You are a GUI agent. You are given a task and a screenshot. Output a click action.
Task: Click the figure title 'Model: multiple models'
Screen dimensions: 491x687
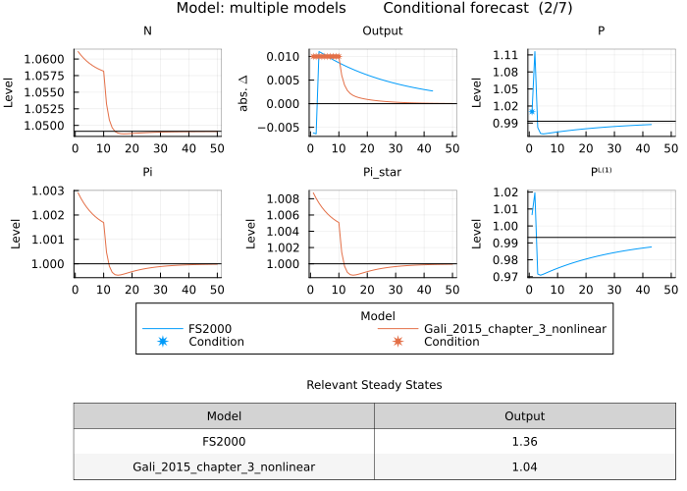click(x=261, y=8)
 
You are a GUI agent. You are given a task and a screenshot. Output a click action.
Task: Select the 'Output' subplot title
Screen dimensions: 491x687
click(x=383, y=31)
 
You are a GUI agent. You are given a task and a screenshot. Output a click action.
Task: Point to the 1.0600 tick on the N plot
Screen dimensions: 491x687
click(x=51, y=59)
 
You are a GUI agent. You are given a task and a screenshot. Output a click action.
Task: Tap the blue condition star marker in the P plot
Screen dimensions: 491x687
click(x=532, y=111)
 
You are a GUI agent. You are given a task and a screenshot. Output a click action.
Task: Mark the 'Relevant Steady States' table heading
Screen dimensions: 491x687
click(x=374, y=385)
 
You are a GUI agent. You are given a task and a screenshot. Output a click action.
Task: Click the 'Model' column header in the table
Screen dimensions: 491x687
click(x=224, y=416)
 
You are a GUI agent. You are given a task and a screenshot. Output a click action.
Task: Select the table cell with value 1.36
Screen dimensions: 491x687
click(x=524, y=442)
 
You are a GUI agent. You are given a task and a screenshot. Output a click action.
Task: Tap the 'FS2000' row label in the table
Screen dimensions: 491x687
click(x=224, y=442)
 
